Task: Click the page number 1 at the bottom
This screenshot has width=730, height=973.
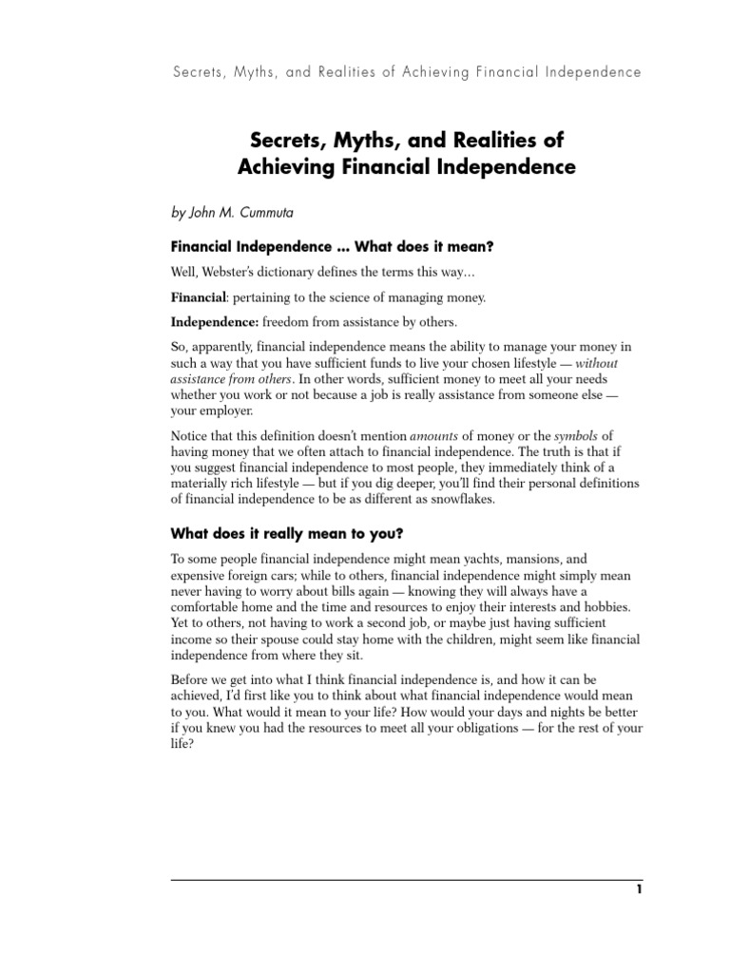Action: tap(640, 889)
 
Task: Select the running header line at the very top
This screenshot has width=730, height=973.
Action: tap(406, 71)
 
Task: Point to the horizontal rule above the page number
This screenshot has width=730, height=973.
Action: tap(406, 880)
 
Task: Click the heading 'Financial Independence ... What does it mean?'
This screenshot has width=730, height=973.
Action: tap(332, 247)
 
